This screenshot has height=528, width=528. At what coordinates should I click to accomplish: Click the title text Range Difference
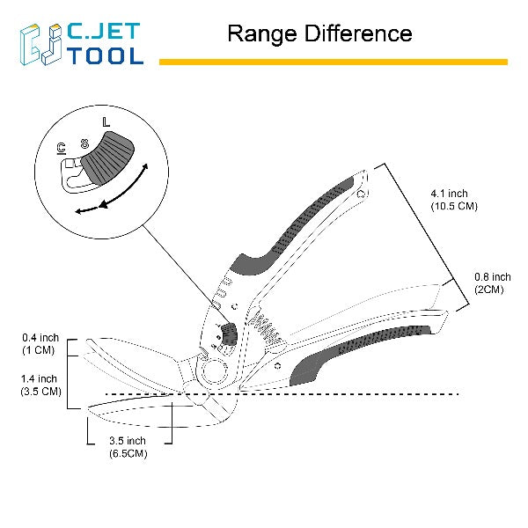click(x=319, y=34)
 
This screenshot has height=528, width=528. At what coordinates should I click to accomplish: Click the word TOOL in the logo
click(x=105, y=55)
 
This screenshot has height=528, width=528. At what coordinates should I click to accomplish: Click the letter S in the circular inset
click(x=84, y=140)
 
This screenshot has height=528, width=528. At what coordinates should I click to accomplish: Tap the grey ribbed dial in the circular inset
click(x=109, y=158)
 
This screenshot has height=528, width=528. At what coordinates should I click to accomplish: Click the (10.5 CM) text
click(x=453, y=206)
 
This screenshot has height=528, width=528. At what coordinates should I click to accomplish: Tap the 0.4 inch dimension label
click(x=41, y=337)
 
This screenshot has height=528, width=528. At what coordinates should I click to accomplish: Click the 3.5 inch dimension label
click(x=128, y=440)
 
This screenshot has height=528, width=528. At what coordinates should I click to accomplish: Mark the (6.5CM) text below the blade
click(x=128, y=453)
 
